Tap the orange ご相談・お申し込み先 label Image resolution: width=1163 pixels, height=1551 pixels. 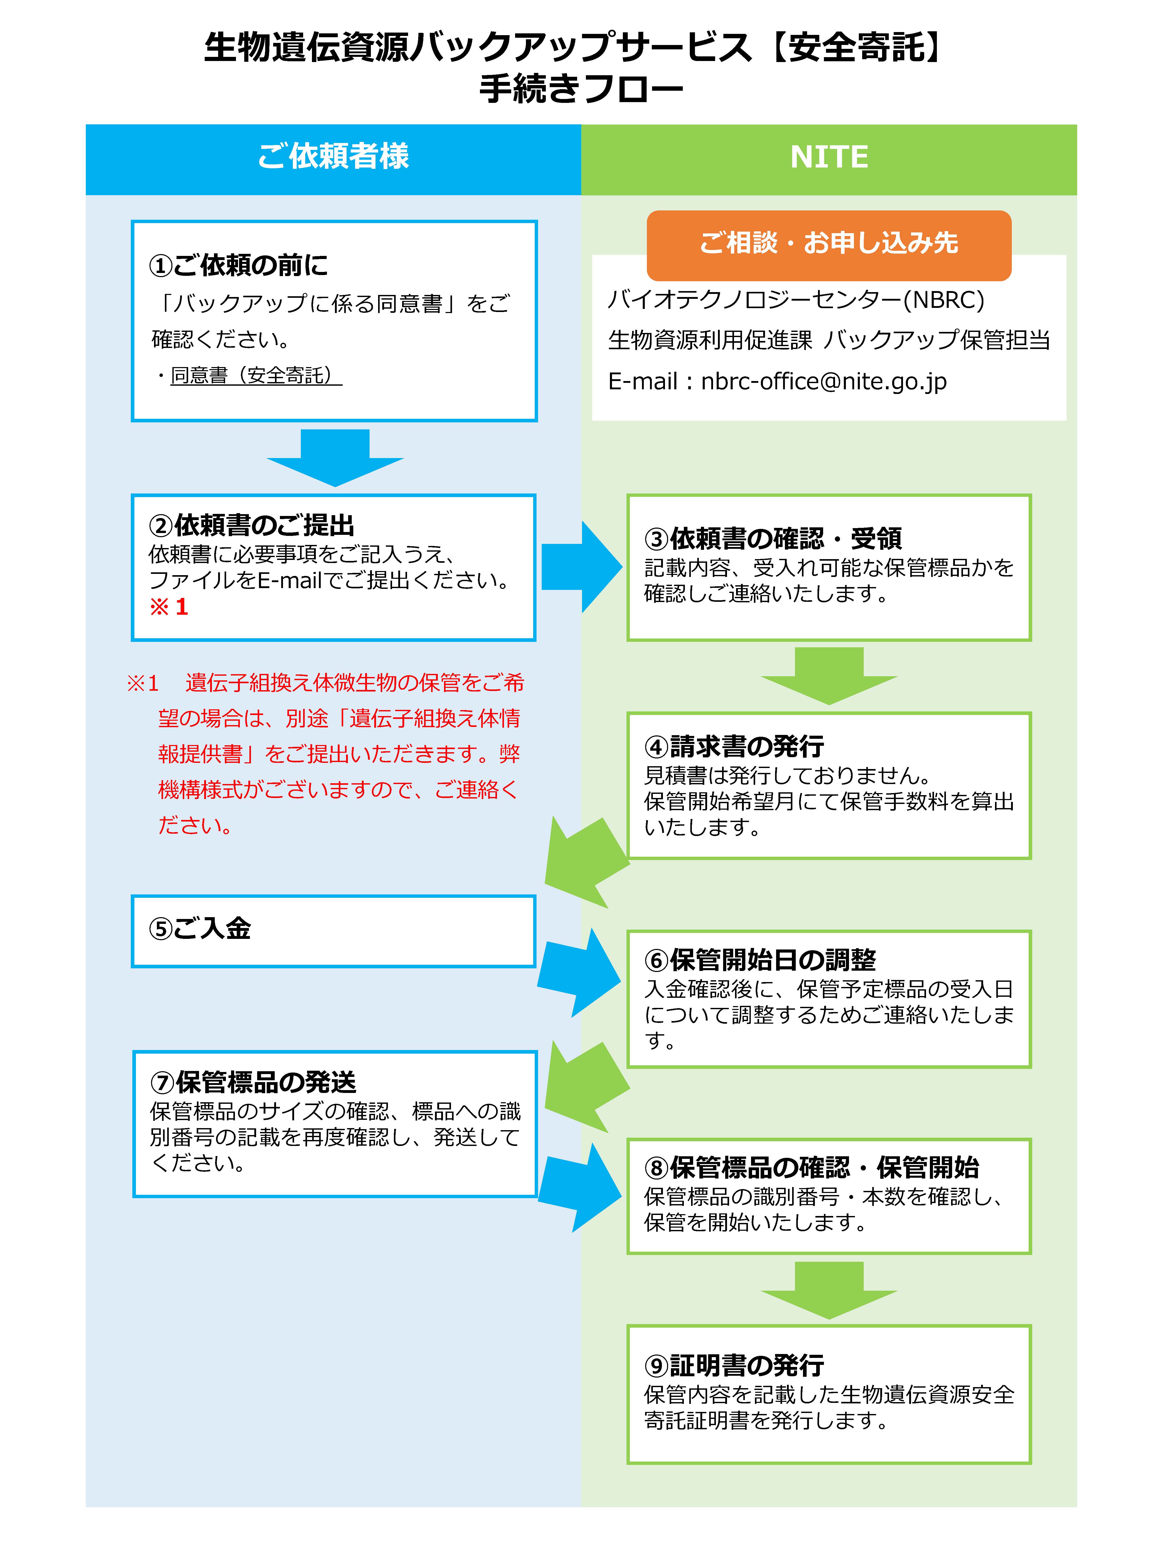(829, 243)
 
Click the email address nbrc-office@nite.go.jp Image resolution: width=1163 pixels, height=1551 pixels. (824, 382)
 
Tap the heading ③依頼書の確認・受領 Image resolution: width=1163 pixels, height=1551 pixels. (772, 538)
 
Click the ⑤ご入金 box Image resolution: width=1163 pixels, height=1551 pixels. (333, 930)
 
